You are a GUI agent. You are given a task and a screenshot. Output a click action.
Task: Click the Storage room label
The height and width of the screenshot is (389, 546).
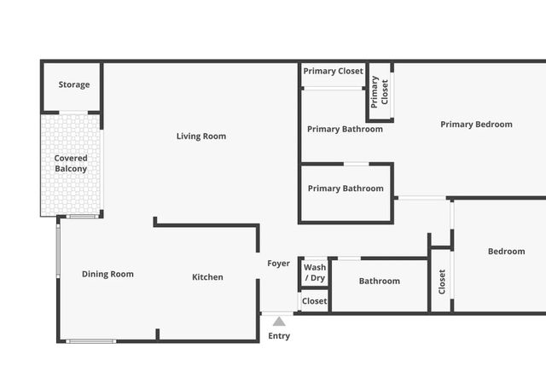pyautogui.click(x=74, y=84)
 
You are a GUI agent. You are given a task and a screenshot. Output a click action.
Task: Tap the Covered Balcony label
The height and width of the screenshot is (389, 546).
pyautogui.click(x=71, y=163)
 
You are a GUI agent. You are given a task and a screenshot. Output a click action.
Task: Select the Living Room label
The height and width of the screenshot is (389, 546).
pyautogui.click(x=201, y=136)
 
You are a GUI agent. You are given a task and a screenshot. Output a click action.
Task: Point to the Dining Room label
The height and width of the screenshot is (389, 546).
pyautogui.click(x=107, y=274)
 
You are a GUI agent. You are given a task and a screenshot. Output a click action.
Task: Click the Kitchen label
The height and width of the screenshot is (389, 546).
pyautogui.click(x=207, y=277)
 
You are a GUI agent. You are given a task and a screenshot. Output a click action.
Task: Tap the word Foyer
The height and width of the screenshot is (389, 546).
pyautogui.click(x=279, y=264)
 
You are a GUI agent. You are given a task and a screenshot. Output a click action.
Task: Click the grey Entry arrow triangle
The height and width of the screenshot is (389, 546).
pyautogui.click(x=279, y=322)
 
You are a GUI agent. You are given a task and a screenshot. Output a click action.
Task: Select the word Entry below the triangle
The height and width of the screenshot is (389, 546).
pyautogui.click(x=279, y=336)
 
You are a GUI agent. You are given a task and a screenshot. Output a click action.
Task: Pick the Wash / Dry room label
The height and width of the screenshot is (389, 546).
pyautogui.click(x=315, y=273)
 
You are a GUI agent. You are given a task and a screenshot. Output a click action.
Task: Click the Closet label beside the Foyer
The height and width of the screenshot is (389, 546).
pyautogui.click(x=315, y=301)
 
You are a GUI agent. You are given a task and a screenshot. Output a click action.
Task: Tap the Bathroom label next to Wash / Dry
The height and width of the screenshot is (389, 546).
pyautogui.click(x=380, y=281)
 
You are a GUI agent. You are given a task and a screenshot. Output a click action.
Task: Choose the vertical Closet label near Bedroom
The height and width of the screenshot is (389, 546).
pyautogui.click(x=442, y=282)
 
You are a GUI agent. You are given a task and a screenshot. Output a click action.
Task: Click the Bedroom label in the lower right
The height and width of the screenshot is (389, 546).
pyautogui.click(x=506, y=252)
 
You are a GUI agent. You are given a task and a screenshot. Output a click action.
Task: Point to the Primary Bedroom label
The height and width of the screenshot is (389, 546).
pyautogui.click(x=476, y=125)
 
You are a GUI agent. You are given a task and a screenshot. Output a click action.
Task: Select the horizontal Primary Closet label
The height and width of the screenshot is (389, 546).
pyautogui.click(x=334, y=71)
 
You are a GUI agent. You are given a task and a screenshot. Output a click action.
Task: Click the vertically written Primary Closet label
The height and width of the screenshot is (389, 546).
pyautogui.click(x=379, y=92)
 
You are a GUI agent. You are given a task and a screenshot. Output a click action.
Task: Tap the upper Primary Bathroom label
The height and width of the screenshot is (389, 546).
pyautogui.click(x=345, y=129)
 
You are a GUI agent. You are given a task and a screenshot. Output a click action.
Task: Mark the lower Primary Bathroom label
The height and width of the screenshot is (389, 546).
pyautogui.click(x=346, y=189)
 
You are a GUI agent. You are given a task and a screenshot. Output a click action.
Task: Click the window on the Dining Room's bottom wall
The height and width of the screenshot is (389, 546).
pyautogui.click(x=91, y=341)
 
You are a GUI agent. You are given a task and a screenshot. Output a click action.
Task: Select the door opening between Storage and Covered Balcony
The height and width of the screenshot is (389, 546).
pyautogui.click(x=73, y=113)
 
